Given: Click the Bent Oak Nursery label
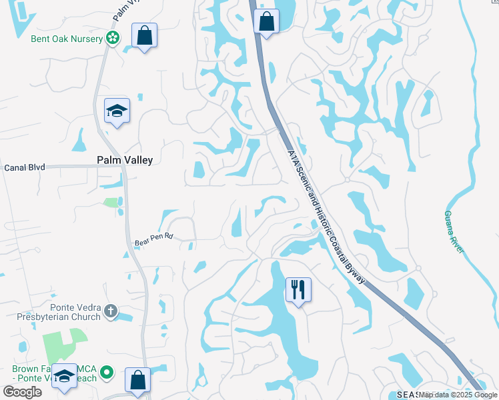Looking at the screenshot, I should pyautogui.click(x=67, y=39).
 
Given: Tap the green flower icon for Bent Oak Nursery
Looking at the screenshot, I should pyautogui.click(x=113, y=38).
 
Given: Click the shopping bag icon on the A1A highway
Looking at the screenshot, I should pyautogui.click(x=266, y=20).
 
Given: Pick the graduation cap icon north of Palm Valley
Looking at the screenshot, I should pyautogui.click(x=117, y=111).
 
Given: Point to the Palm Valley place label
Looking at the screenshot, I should pyautogui.click(x=125, y=160).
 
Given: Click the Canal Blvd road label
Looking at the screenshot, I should pyautogui.click(x=24, y=167).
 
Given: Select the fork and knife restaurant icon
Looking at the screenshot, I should pyautogui.click(x=298, y=289).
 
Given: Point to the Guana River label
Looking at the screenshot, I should pyautogui.click(x=454, y=232).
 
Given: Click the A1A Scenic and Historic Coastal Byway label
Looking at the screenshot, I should pyautogui.click(x=326, y=215).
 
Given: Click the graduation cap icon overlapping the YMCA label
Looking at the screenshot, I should pyautogui.click(x=65, y=377).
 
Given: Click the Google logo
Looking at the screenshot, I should pyautogui.click(x=22, y=392).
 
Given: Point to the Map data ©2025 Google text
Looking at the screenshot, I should pyautogui.click(x=458, y=395).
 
